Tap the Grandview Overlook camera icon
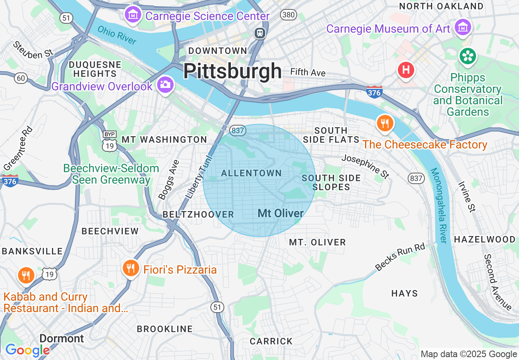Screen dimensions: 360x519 point(165,85)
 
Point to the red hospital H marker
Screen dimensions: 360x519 point(406,70)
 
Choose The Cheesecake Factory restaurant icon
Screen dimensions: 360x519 point(384,123)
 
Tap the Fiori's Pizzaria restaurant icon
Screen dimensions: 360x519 point(130,268)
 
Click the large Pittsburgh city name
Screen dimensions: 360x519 point(232,71)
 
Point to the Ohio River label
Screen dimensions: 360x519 point(117,35)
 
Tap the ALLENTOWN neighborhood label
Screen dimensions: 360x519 point(251,173)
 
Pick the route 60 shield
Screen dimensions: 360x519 point(21,77)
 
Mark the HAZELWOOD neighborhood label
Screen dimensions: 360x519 point(485,239)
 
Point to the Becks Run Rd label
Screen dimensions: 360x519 point(400,256)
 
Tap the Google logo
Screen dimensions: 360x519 point(27,350)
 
